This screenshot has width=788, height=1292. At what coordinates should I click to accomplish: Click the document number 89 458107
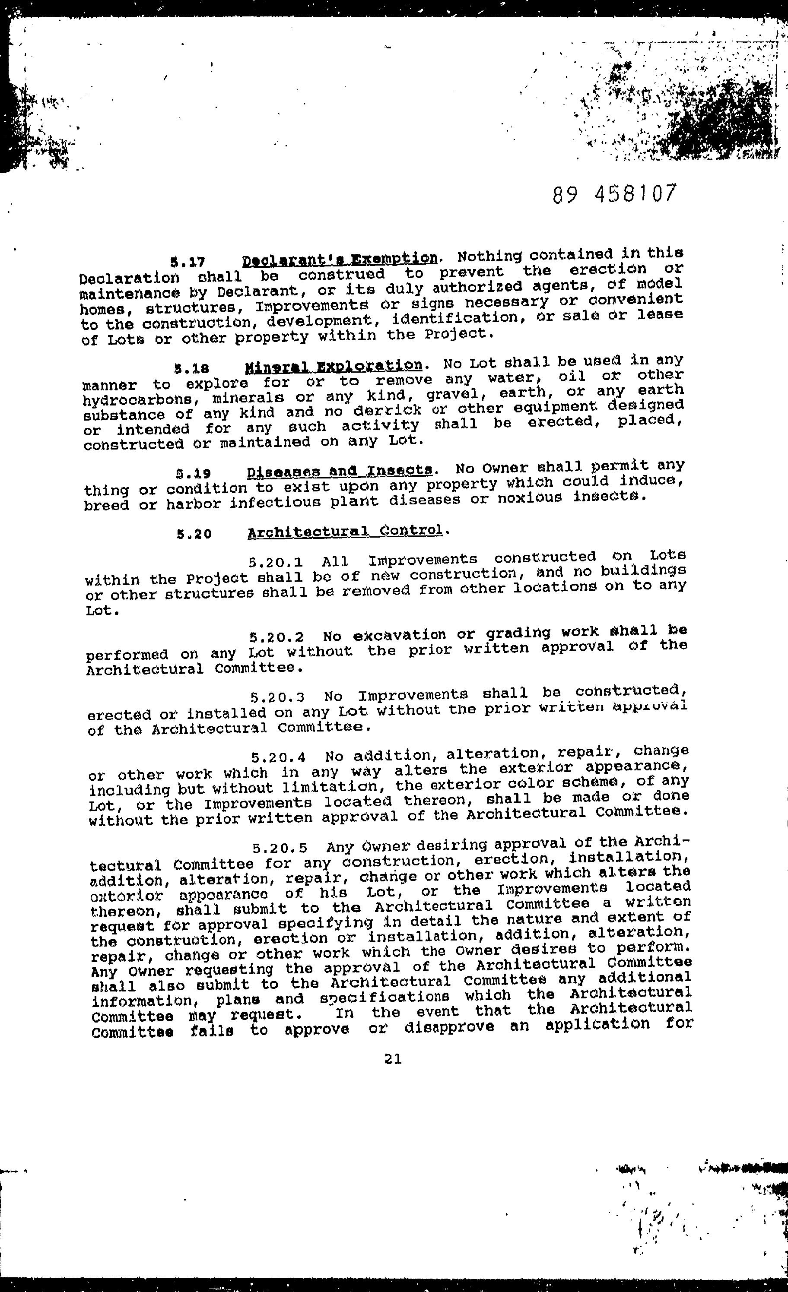click(x=614, y=194)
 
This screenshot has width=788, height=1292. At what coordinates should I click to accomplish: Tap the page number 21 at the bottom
click(x=393, y=1059)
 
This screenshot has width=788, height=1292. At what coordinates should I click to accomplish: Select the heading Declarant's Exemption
click(x=340, y=259)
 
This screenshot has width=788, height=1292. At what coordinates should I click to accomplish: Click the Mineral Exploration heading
click(x=333, y=365)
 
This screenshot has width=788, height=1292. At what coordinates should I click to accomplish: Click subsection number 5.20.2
click(x=277, y=638)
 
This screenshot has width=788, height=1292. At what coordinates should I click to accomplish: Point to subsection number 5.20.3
click(x=277, y=698)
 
